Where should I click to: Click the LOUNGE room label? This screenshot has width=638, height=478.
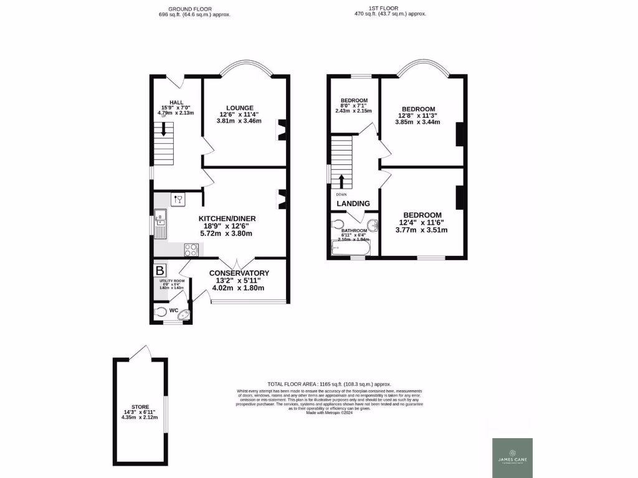pos(239,108)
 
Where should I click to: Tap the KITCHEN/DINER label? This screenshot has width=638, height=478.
pos(227,218)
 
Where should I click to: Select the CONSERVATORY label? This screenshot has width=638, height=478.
pos(239,273)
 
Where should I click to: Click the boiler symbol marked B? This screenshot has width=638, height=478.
pos(160,271)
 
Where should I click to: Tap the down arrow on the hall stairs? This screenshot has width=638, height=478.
pos(164,129)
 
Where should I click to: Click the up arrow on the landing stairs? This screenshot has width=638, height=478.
pos(341,182)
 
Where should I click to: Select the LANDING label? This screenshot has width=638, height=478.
pos(353,204)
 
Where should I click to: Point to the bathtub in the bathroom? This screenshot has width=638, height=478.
pos(351,249)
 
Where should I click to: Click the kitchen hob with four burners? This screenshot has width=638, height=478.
pos(191,250)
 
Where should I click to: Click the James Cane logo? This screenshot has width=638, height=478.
pos(513,458)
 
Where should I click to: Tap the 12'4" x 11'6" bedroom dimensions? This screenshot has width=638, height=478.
pos(422,222)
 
